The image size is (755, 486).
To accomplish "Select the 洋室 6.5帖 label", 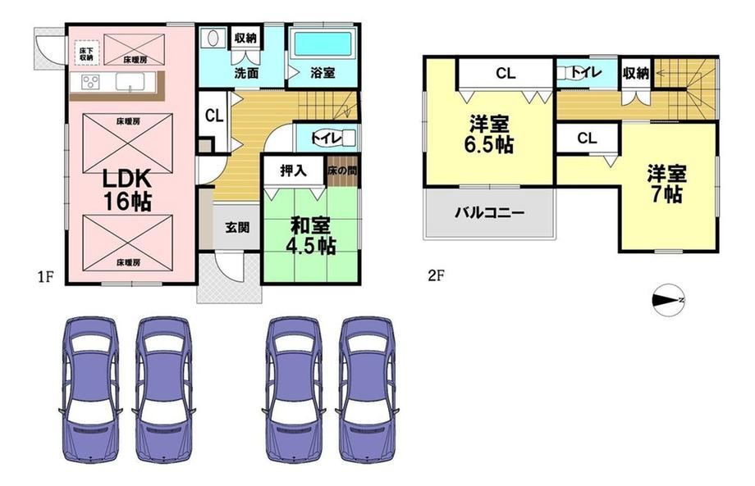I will click(491, 136).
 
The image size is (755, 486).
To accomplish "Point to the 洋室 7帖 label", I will click(666, 184).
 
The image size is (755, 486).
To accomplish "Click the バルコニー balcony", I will click(490, 212).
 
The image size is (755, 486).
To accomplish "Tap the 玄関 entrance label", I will click(237, 227).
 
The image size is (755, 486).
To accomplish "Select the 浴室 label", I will click(322, 73).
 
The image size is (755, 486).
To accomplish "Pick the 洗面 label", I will click(247, 73).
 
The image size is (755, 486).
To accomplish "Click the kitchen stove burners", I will click(88, 82).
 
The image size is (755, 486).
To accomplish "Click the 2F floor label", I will click(436, 275).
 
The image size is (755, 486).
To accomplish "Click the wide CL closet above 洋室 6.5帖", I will click(505, 73).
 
